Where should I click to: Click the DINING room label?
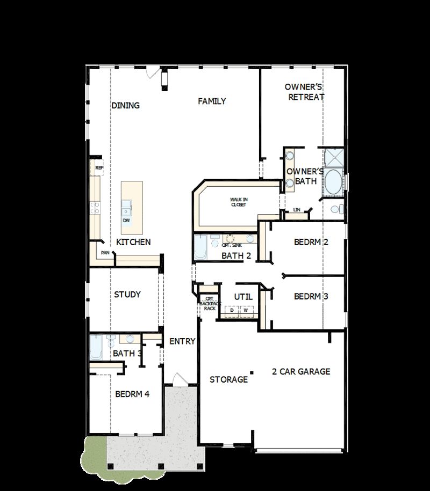coord(125,106)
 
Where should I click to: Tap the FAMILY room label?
coord(211,101)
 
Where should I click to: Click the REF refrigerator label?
coord(99,167)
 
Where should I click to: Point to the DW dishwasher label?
coord(126,221)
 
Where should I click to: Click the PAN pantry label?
coord(105,253)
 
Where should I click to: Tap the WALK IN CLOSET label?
coord(239,202)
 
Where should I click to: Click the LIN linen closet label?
coord(296,209)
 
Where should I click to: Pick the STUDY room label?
coord(127,295)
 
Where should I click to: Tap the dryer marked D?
coord(232,310)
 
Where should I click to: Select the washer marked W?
coord(246,310)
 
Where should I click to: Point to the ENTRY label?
coord(182,341)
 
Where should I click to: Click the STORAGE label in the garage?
coord(228,380)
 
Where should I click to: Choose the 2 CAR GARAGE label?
coord(301,371)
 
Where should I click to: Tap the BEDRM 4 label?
coord(132,394)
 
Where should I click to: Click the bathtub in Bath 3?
coord(97,347)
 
